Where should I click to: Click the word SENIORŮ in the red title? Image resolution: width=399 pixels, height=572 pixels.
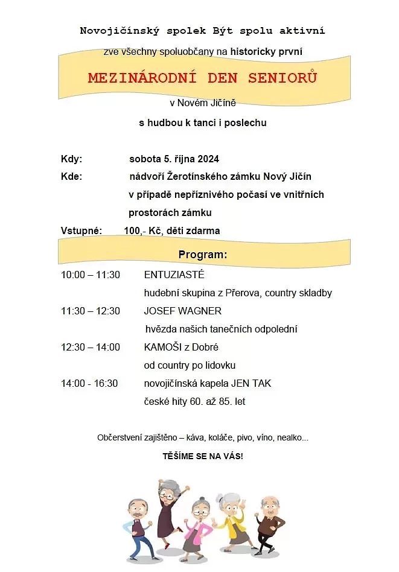[x=280, y=78]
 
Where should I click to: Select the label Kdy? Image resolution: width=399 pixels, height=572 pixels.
[x=71, y=159]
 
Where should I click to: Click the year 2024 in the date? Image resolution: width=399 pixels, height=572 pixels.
[x=207, y=159]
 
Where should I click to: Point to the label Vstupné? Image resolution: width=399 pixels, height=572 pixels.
[x=81, y=230]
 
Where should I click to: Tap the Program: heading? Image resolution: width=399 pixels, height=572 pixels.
[x=203, y=255]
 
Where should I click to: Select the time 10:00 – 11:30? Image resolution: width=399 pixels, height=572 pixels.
[x=91, y=275]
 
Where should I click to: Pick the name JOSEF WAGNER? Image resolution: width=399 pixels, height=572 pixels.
[x=182, y=311]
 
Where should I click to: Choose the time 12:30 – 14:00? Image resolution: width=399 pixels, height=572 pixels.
[x=91, y=348]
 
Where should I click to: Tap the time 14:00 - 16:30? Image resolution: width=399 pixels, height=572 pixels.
[x=89, y=384]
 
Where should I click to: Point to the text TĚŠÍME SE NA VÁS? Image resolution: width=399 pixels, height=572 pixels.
[x=203, y=456]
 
